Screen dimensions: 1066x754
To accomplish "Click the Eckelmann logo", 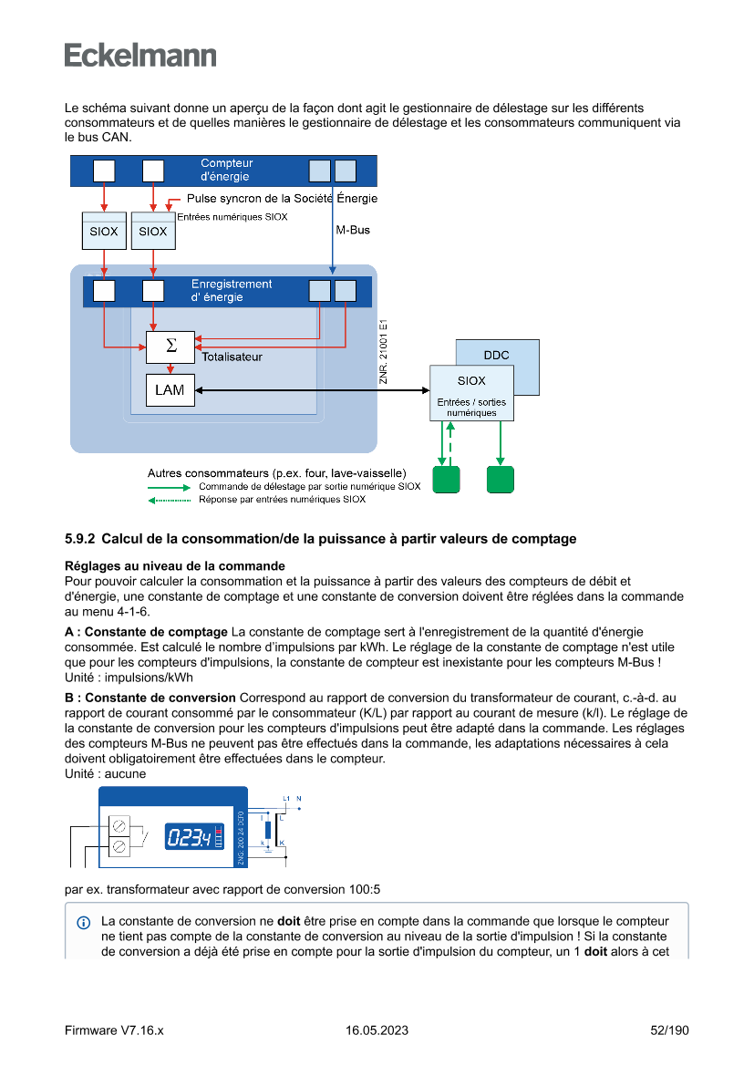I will (140, 56).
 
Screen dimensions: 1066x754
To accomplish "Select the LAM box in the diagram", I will (170, 390).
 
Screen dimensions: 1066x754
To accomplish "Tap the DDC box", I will (497, 355).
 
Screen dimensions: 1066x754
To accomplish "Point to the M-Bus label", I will (353, 230).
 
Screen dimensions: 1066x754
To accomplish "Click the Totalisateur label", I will (232, 357).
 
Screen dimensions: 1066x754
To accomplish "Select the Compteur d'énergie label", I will (227, 171).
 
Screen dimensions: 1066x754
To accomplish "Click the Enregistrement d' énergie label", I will (232, 291).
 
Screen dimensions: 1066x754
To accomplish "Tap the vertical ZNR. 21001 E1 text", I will (384, 351).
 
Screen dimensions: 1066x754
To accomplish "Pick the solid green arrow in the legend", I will (170, 487).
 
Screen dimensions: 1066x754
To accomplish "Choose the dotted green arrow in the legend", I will (170, 500).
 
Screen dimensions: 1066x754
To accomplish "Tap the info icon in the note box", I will (84, 922).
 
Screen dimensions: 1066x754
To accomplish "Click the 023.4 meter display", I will (188, 837).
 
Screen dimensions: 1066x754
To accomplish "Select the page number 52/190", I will (669, 1030).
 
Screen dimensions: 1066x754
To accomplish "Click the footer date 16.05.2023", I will (377, 1030).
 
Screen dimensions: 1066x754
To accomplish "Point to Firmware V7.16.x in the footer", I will (114, 1030).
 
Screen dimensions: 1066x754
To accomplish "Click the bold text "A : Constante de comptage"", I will (146, 632).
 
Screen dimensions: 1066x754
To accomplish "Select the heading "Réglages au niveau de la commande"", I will (174, 566).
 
